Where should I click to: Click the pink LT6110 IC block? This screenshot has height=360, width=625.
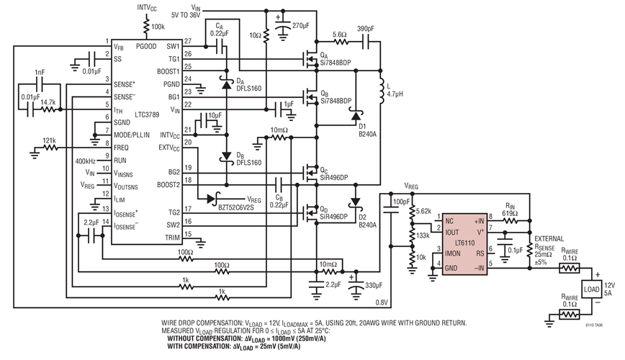pos(465,246)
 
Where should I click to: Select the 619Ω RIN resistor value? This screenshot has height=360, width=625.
pos(511,215)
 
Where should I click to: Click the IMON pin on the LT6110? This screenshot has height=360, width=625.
pos(452,253)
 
